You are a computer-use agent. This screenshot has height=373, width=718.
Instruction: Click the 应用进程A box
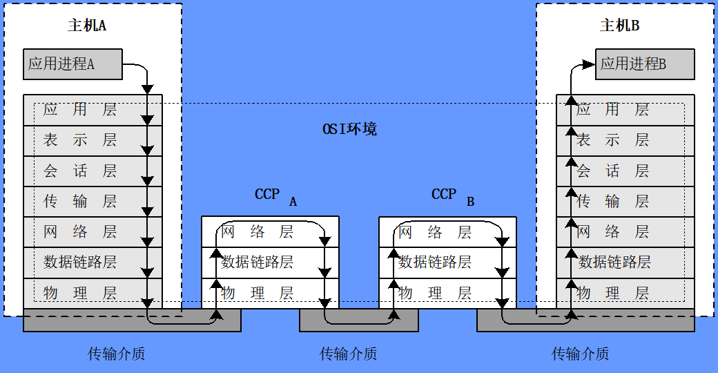pyautogui.click(x=72, y=64)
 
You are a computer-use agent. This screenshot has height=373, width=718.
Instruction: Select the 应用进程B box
pyautogui.click(x=645, y=64)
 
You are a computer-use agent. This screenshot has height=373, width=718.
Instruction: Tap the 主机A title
pyautogui.click(x=87, y=26)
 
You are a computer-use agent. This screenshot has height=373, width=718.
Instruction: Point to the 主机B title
pyautogui.click(x=620, y=26)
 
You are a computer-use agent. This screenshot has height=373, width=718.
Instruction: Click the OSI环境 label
pyautogui.click(x=350, y=129)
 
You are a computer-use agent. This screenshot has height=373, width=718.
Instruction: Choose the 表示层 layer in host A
pyautogui.click(x=80, y=140)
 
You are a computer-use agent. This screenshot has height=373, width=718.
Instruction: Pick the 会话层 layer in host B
pyautogui.click(x=613, y=171)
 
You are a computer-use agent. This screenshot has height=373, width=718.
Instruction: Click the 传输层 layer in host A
pyautogui.click(x=80, y=201)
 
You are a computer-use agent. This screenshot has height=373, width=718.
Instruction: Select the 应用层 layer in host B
pyautogui.click(x=613, y=109)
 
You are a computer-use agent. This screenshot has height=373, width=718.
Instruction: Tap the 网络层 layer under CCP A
pyautogui.click(x=258, y=231)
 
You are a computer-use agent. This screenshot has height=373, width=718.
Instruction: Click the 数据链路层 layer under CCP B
pyautogui.click(x=435, y=262)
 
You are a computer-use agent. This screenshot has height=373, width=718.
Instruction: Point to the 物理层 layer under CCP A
pyautogui.click(x=258, y=293)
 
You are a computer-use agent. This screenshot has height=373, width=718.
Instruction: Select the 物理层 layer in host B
pyautogui.click(x=613, y=293)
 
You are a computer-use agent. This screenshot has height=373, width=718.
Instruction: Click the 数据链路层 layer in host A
pyautogui.click(x=80, y=262)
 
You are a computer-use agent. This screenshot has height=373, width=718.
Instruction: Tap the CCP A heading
pyautogui.click(x=275, y=196)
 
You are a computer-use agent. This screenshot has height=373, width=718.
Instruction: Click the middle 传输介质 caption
pyautogui.click(x=348, y=354)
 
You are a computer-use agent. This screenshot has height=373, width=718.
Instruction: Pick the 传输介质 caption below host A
pyautogui.click(x=116, y=354)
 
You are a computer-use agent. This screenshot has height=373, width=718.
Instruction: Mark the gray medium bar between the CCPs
pyautogui.click(x=358, y=321)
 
